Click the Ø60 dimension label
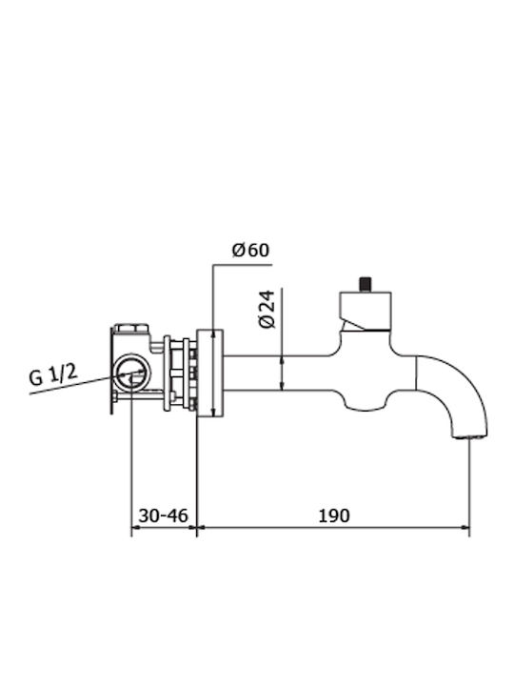[251, 251]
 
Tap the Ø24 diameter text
[267, 309]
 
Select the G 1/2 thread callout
[53, 375]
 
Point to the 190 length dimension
[333, 515]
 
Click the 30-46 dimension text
[163, 515]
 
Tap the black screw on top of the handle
[365, 284]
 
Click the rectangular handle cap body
[366, 311]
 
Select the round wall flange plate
[210, 373]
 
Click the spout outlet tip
[471, 435]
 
